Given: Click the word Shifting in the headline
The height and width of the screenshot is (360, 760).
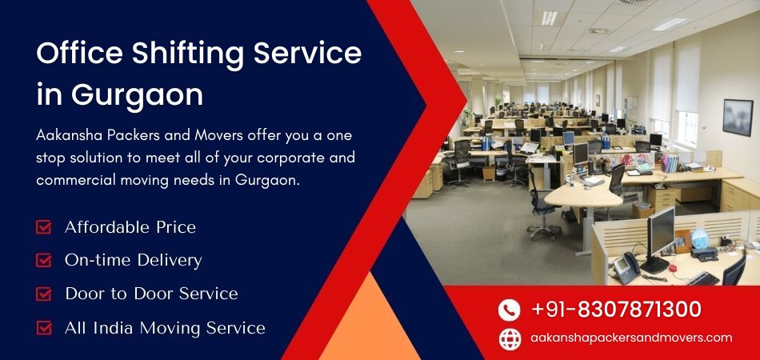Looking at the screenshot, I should (x=188, y=54).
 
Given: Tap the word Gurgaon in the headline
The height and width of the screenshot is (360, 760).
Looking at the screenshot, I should (x=137, y=94).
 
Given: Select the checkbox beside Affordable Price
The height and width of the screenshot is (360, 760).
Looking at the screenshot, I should (x=44, y=227).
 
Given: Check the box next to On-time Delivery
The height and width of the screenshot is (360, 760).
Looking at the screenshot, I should (x=44, y=260).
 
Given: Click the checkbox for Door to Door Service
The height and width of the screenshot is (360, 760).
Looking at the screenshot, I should (x=44, y=294).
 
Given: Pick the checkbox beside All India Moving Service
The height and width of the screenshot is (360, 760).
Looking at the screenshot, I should (x=44, y=327).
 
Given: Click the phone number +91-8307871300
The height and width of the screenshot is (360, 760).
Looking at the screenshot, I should (x=616, y=310).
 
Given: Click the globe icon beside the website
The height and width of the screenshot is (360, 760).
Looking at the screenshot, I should (x=510, y=338).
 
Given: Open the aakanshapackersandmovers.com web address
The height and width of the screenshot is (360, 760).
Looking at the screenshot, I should (x=631, y=338).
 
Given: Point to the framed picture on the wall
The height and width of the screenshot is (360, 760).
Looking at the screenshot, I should (x=737, y=117).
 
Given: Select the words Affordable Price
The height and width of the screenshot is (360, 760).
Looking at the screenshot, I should (x=130, y=227).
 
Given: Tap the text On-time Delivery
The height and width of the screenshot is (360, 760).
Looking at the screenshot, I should (x=133, y=260).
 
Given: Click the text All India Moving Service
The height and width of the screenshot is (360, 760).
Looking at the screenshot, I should (x=165, y=327).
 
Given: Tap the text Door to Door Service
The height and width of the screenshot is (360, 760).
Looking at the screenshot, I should (x=151, y=294).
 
